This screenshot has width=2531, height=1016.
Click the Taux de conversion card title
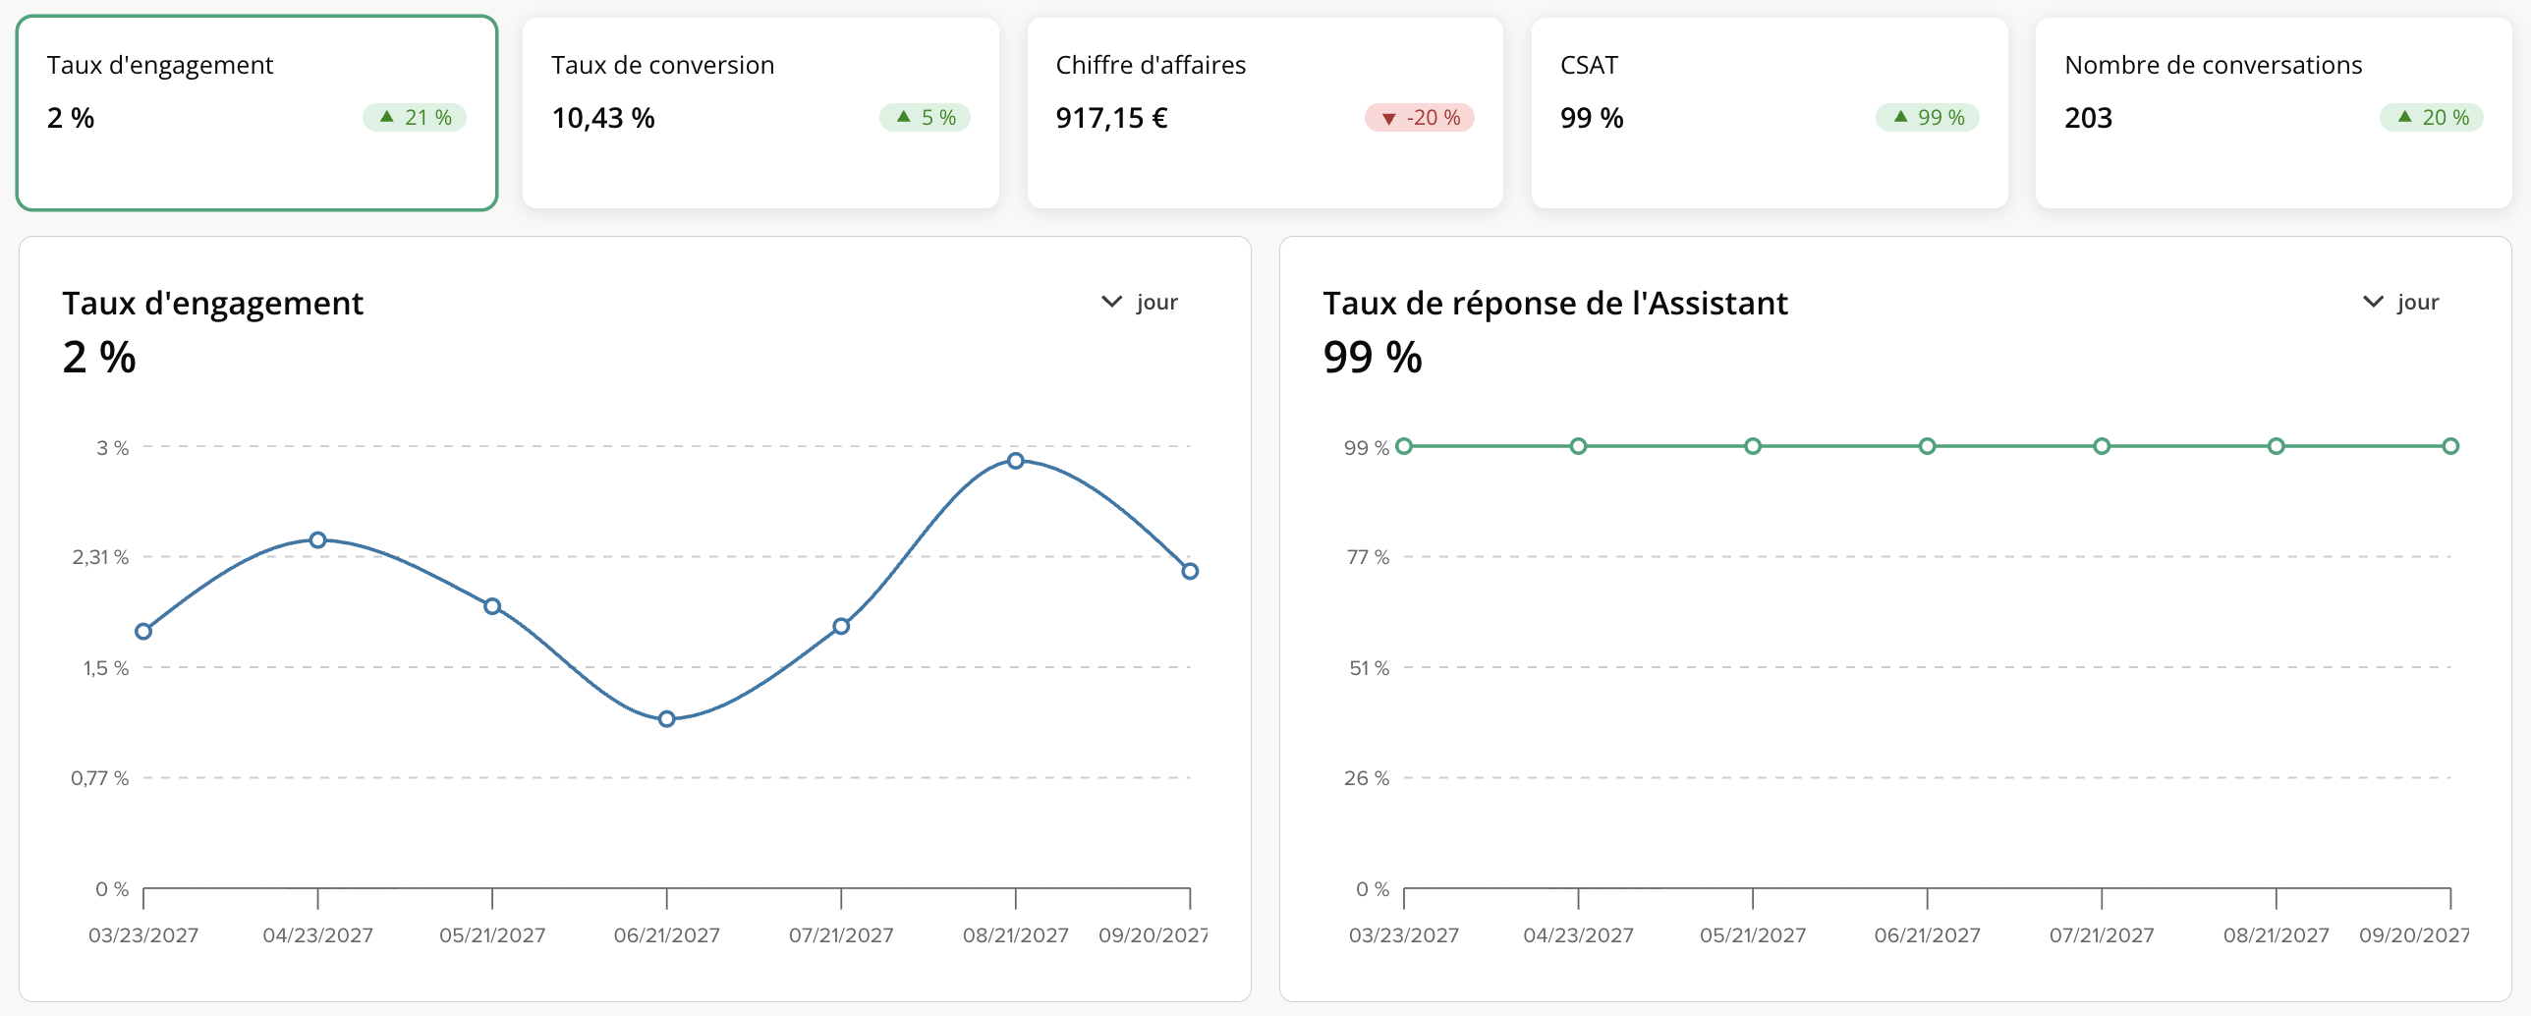(x=662, y=65)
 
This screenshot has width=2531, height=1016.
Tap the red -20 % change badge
(x=1420, y=117)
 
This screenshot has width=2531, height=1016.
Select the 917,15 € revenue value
(x=1111, y=118)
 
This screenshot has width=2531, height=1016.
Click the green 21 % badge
(x=415, y=117)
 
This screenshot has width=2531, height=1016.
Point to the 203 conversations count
(x=2088, y=118)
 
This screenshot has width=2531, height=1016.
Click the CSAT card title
(x=1589, y=65)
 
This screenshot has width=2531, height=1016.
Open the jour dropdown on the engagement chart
(x=1140, y=302)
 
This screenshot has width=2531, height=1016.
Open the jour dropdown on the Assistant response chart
(x=2400, y=302)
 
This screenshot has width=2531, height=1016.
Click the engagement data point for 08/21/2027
(x=1016, y=460)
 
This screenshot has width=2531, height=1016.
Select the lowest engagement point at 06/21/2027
(x=667, y=719)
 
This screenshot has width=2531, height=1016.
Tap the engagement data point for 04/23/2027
(x=318, y=539)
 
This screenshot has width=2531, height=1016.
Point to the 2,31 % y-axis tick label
(x=100, y=557)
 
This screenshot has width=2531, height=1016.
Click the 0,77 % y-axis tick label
(x=100, y=778)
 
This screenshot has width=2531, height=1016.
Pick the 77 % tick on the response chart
(x=1368, y=557)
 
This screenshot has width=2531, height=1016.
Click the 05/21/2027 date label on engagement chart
(x=492, y=935)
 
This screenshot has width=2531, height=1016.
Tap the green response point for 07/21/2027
(x=2102, y=446)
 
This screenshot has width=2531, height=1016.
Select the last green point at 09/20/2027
(x=2450, y=446)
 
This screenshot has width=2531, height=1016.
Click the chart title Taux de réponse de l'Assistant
(x=1555, y=303)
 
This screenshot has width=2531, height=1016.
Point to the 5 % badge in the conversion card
(x=925, y=117)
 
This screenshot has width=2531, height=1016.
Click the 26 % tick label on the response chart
(x=1367, y=778)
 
